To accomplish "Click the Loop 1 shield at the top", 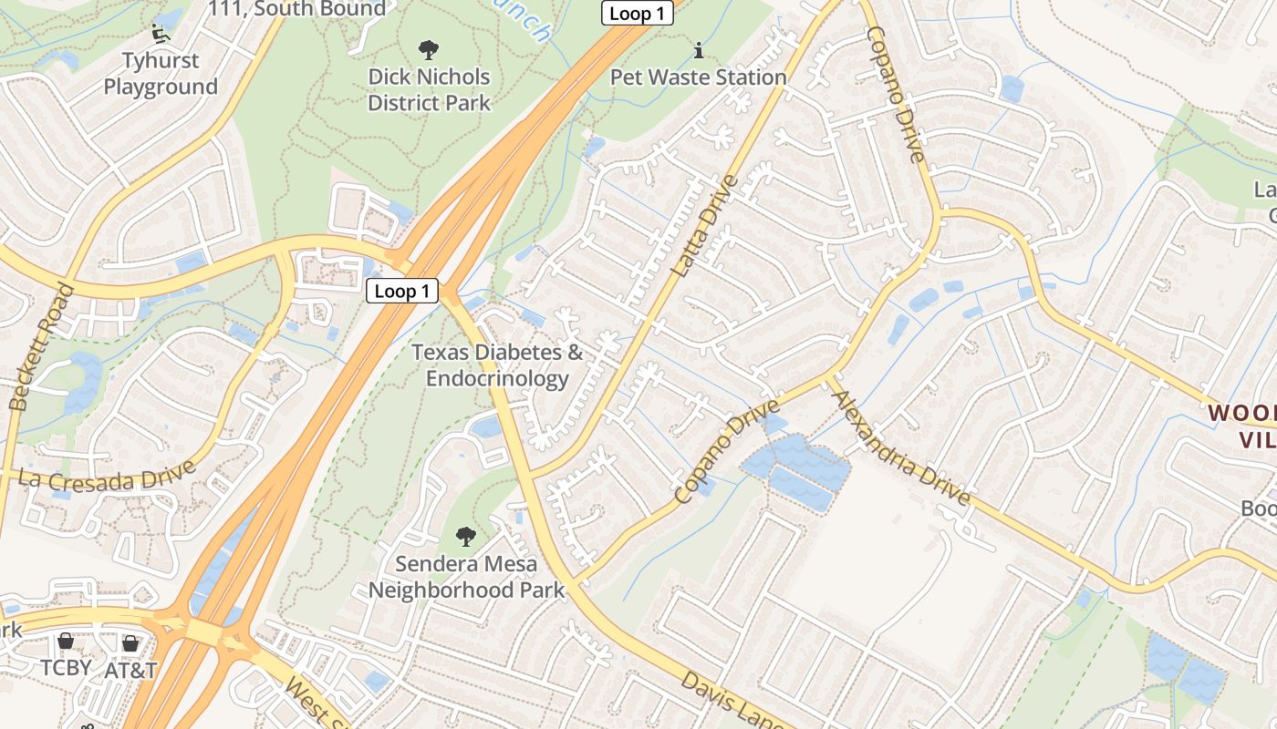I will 637,13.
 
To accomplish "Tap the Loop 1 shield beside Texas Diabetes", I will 402,292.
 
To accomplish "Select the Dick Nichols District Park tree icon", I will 428,50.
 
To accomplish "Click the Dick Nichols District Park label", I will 429,90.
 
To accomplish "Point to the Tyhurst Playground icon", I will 161,34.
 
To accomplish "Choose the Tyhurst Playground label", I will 161,75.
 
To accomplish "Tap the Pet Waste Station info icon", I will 699,49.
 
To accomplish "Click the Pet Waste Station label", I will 699,77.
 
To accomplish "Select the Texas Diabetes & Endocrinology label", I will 497,364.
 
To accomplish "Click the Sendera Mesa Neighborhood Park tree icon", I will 466,536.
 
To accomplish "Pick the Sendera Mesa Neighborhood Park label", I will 466,577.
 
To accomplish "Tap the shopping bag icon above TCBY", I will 66,642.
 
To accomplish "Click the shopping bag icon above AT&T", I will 130,643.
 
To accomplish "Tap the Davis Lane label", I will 730,700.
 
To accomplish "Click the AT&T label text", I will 130,670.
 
